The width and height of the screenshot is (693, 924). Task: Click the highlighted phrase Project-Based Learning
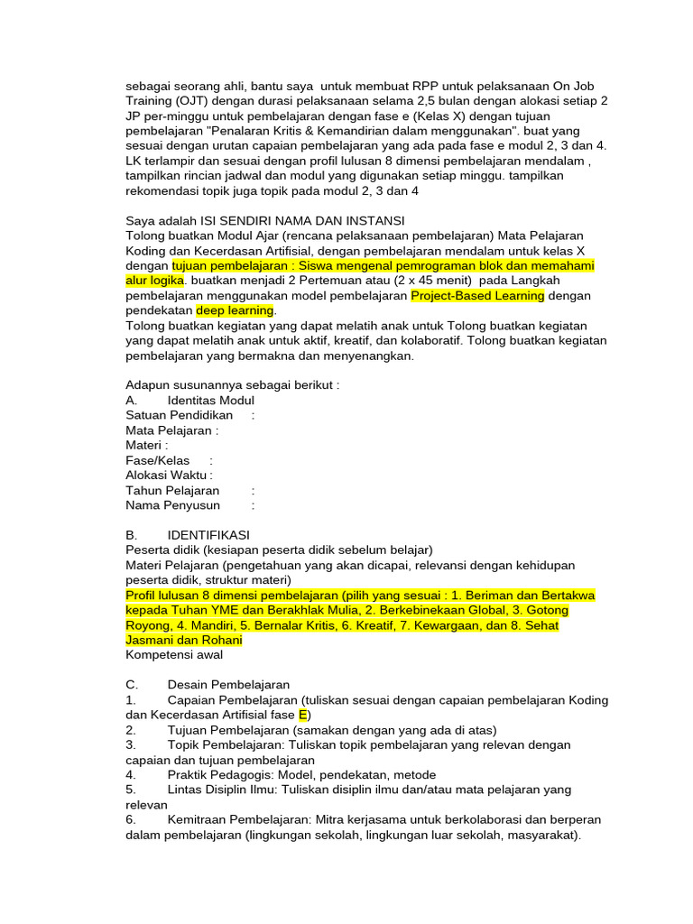point(477,295)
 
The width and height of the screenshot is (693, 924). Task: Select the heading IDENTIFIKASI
point(208,535)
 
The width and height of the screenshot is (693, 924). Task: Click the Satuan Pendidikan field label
point(179,415)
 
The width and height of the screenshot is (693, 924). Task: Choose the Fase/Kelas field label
point(158,460)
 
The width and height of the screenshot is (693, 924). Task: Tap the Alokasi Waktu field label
point(168,476)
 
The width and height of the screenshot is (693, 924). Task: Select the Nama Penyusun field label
point(172,505)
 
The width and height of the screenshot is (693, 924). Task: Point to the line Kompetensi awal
point(174,655)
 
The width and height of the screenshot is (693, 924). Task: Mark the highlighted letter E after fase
point(303,715)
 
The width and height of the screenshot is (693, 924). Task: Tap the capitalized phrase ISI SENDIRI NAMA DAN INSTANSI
point(302,221)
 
